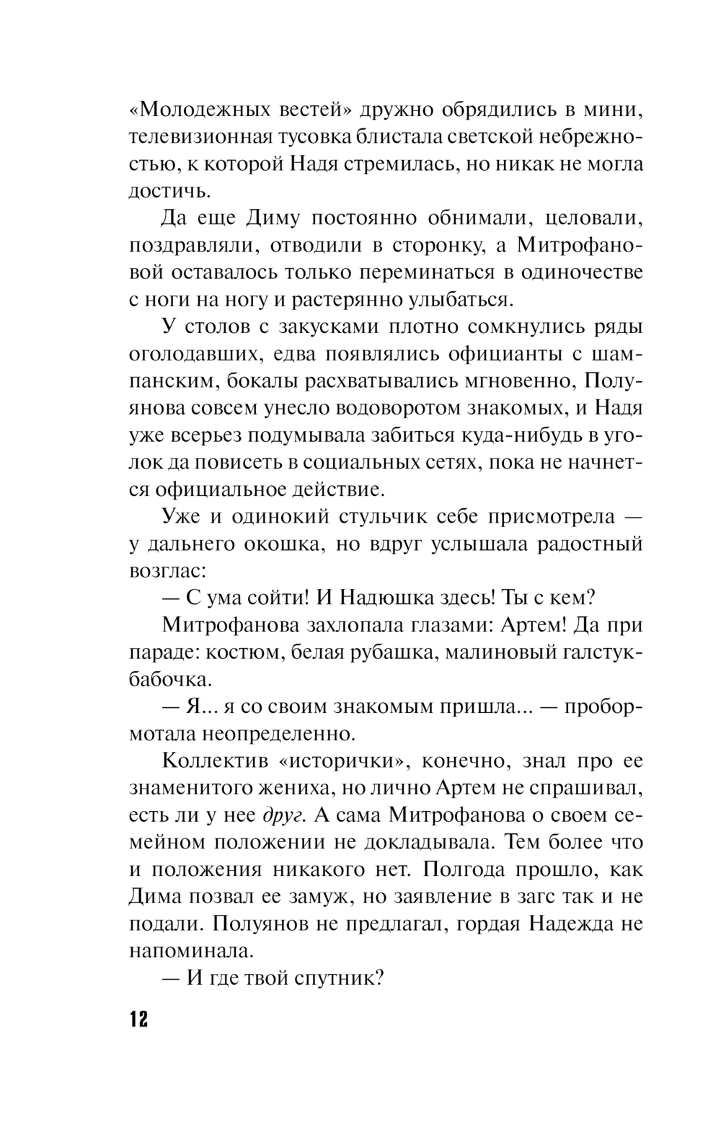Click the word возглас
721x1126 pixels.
(x=168, y=571)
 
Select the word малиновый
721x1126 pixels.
(x=495, y=652)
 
